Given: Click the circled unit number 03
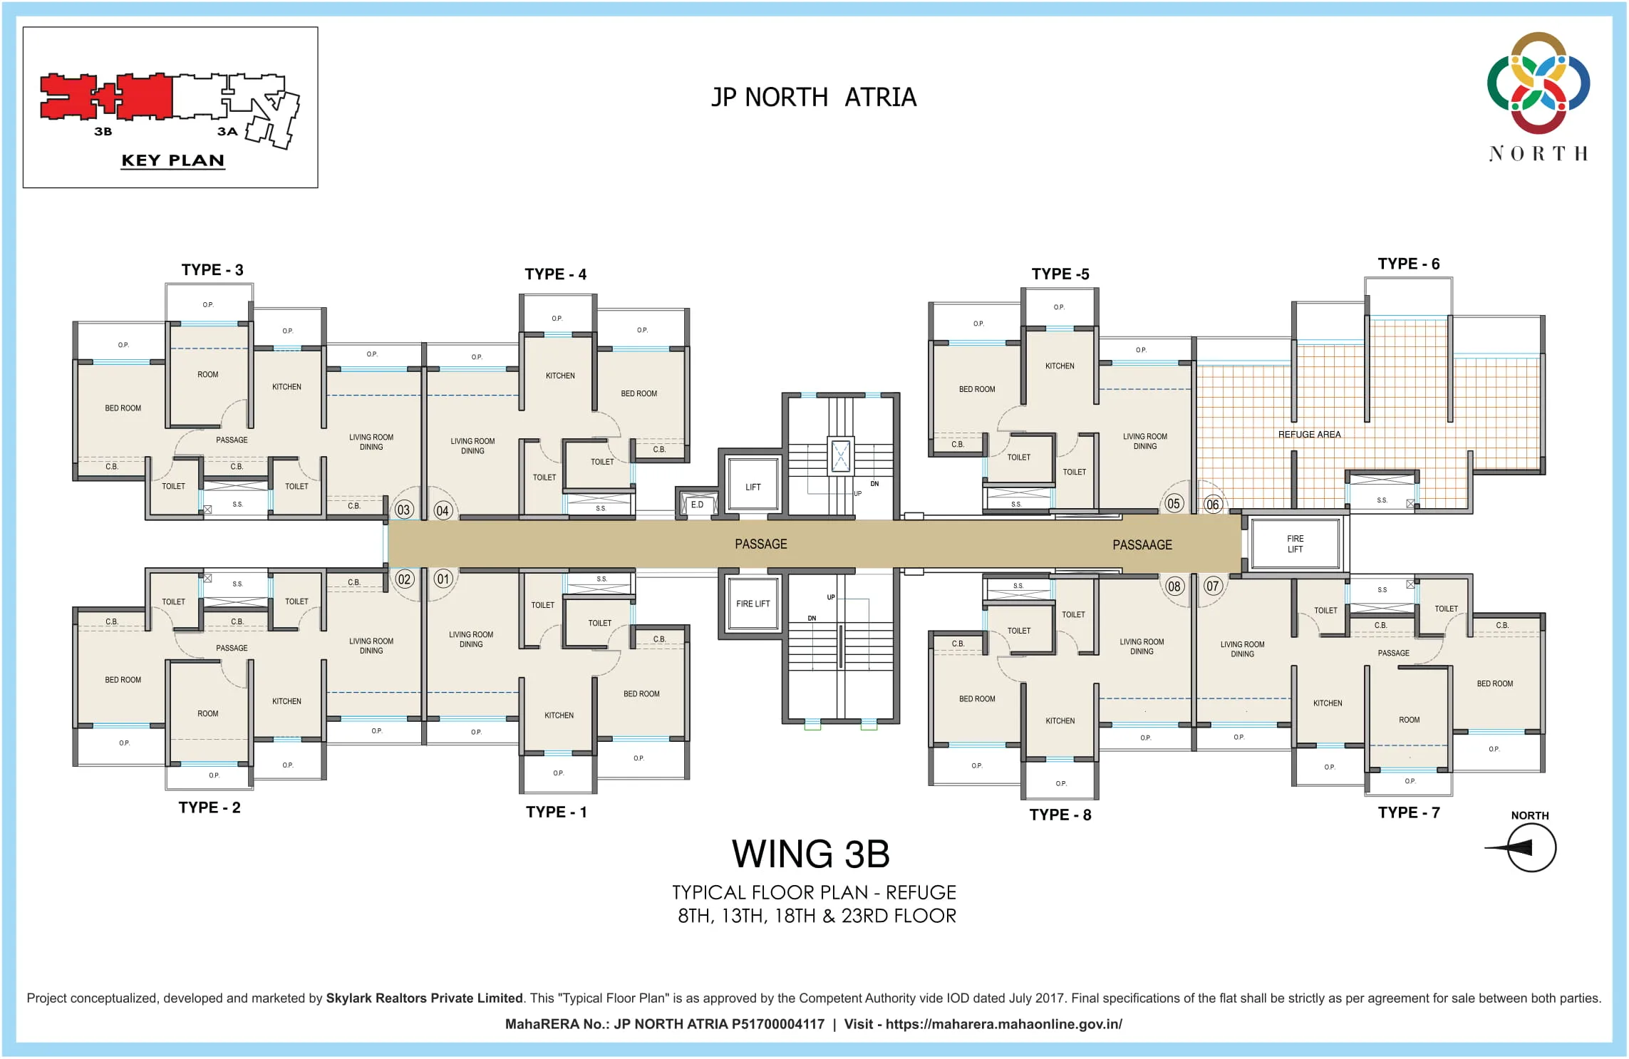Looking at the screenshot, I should (403, 510).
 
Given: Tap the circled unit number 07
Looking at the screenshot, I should (1213, 587).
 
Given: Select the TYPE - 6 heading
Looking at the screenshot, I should (1408, 264).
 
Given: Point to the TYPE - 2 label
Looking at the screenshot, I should (210, 807).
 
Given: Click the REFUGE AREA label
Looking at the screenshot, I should (1309, 435).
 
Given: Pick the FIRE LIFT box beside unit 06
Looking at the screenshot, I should (1295, 544).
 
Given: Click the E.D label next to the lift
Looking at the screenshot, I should (697, 505).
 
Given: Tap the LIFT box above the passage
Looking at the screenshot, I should (753, 487).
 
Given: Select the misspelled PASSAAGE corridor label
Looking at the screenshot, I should (1142, 545).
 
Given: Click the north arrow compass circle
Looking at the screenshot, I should (1531, 847).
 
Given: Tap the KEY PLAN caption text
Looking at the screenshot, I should (172, 160).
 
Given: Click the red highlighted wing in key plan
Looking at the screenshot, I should (107, 98).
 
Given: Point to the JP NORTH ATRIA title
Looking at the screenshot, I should (814, 98).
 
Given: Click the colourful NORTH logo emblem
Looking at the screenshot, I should (1538, 83).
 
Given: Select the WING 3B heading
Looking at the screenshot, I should (811, 854).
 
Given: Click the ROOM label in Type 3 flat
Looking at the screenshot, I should (208, 375).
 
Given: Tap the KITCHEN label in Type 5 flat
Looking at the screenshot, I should (1060, 366).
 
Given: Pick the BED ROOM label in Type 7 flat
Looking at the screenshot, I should (1494, 683).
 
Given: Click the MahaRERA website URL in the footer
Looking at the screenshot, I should (1003, 1024).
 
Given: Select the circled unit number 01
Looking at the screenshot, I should (443, 579).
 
